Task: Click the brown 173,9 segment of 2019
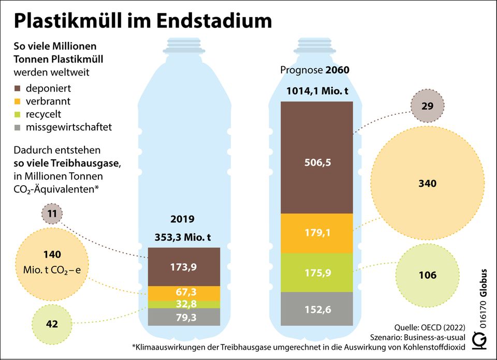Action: click(184, 266)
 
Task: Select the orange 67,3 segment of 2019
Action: click(184, 293)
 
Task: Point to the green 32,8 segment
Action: click(184, 304)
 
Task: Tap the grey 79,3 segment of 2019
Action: click(184, 317)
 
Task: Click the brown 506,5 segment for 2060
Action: click(317, 157)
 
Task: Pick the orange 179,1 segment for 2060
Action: click(317, 233)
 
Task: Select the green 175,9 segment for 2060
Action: click(317, 273)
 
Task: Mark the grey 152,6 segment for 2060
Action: click(317, 310)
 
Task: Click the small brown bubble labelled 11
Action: click(51, 213)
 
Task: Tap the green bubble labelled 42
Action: click(52, 324)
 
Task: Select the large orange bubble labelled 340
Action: click(427, 184)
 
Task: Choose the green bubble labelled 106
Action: click(427, 275)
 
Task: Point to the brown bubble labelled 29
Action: click(427, 106)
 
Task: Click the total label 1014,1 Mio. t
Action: click(317, 92)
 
